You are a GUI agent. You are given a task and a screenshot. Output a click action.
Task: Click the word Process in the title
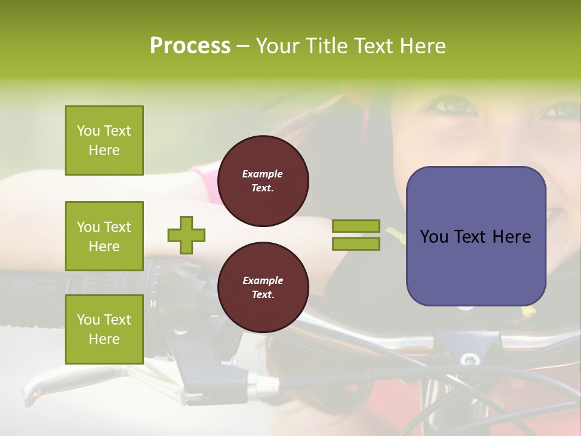coord(190,46)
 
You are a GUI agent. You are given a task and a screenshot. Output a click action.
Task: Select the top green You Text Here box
coord(104,140)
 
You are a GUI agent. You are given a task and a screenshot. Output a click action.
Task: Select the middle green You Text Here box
coord(104,236)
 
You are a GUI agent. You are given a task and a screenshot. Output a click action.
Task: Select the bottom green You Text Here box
coord(104,329)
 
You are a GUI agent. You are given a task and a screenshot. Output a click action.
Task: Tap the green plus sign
coord(186,235)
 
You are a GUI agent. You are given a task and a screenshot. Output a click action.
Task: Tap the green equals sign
coord(356,235)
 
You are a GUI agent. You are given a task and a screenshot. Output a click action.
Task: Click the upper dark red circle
coord(263,181)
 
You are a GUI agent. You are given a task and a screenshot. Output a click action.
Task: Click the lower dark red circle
coord(263,288)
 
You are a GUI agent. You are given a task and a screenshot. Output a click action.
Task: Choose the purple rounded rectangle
coord(476,236)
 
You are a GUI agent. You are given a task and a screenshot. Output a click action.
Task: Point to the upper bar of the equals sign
coord(356,226)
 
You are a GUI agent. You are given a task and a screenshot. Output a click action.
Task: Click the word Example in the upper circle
coord(263,174)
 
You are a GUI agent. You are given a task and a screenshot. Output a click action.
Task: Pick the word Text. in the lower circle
coord(263,295)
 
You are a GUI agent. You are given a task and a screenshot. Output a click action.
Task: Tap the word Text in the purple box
coord(473,237)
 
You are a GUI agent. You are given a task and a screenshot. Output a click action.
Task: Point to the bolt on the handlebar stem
coord(470,359)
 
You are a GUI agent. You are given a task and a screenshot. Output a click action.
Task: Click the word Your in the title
coord(279,46)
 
